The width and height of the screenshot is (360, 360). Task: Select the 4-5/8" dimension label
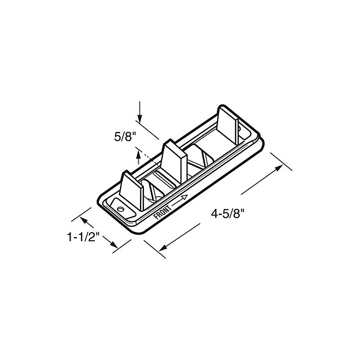[x=228, y=214]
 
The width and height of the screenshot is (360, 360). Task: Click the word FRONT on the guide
[x=162, y=212]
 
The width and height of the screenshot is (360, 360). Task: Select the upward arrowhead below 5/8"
[x=138, y=154]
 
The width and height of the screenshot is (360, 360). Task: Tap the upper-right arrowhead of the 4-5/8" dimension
[x=279, y=168]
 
